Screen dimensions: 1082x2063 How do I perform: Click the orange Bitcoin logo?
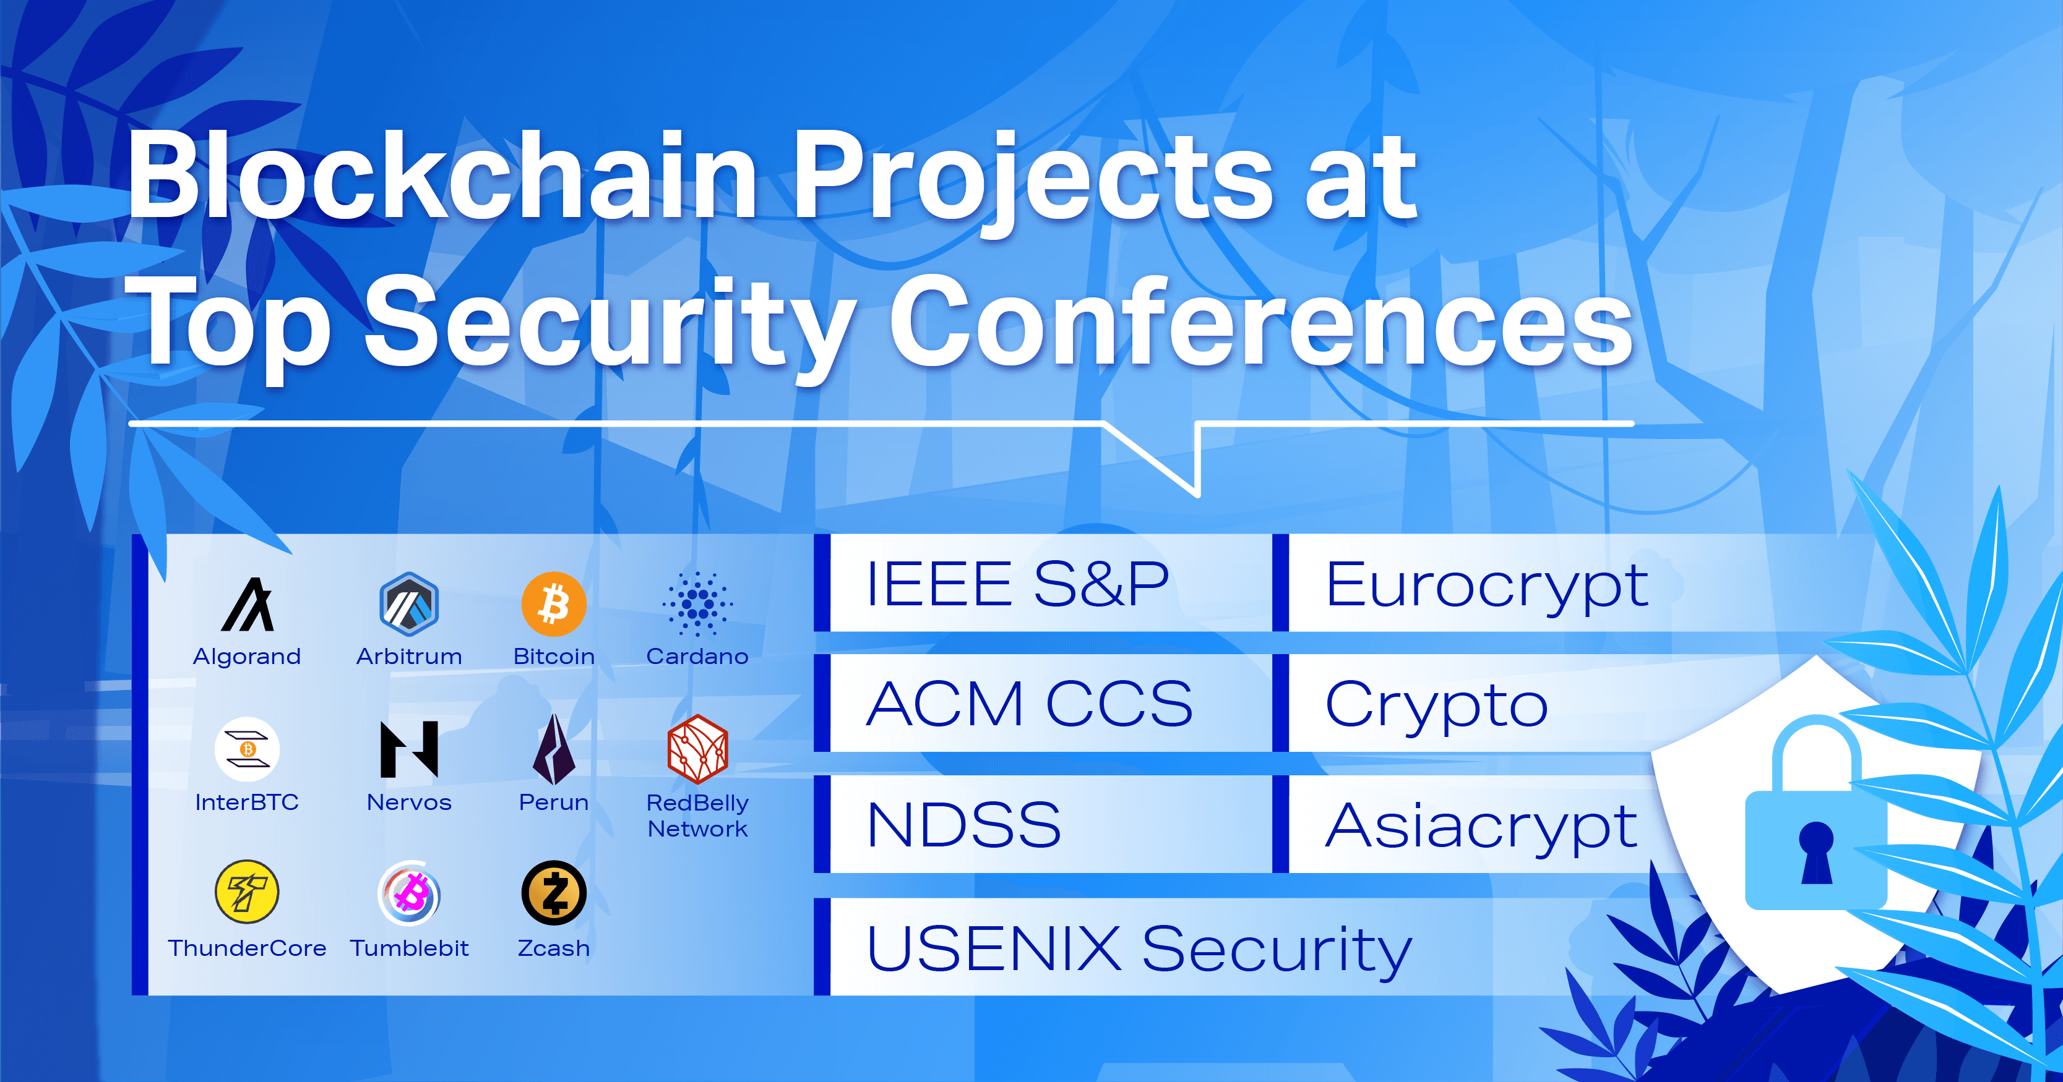point(553,603)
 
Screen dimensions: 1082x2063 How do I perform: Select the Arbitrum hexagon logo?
point(409,603)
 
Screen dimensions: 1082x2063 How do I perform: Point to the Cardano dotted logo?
point(697,603)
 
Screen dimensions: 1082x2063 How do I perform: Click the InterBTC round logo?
point(247,749)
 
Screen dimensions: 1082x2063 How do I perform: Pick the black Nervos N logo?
point(409,749)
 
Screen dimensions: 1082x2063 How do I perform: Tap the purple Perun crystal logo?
point(553,749)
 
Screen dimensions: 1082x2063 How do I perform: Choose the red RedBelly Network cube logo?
point(697,749)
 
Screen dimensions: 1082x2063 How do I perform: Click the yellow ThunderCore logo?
point(247,892)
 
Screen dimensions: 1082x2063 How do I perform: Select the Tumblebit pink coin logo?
point(409,893)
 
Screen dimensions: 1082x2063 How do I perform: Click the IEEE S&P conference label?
point(1017,584)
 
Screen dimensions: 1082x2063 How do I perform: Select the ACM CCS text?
point(1029,704)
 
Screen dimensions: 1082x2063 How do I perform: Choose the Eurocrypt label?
point(1486,585)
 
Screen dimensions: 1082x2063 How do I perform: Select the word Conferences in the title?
point(1260,321)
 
